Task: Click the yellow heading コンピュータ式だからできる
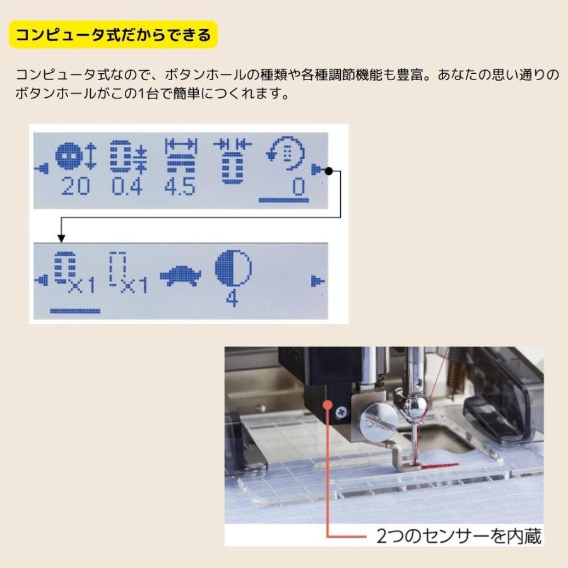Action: (114, 35)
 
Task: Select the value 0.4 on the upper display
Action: (127, 187)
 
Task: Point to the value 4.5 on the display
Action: (180, 187)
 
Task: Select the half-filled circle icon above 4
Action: (232, 268)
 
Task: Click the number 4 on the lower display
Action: (232, 298)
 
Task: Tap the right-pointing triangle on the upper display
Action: (315, 169)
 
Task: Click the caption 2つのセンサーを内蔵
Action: (459, 536)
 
